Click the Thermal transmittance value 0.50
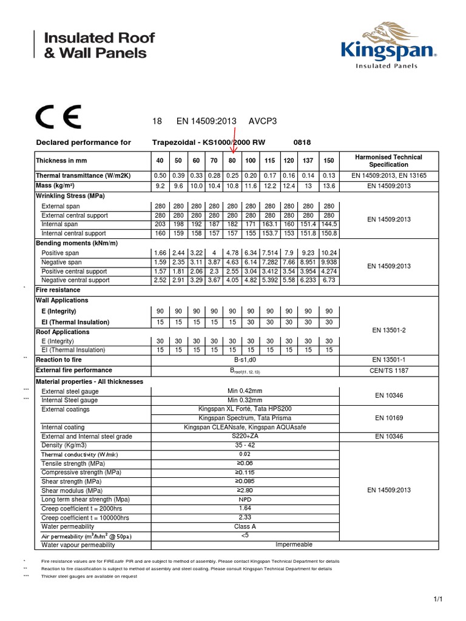click(160, 175)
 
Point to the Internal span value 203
click(160, 224)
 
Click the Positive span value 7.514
click(270, 252)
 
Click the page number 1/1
click(439, 599)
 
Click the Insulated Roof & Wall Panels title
click(100, 45)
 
